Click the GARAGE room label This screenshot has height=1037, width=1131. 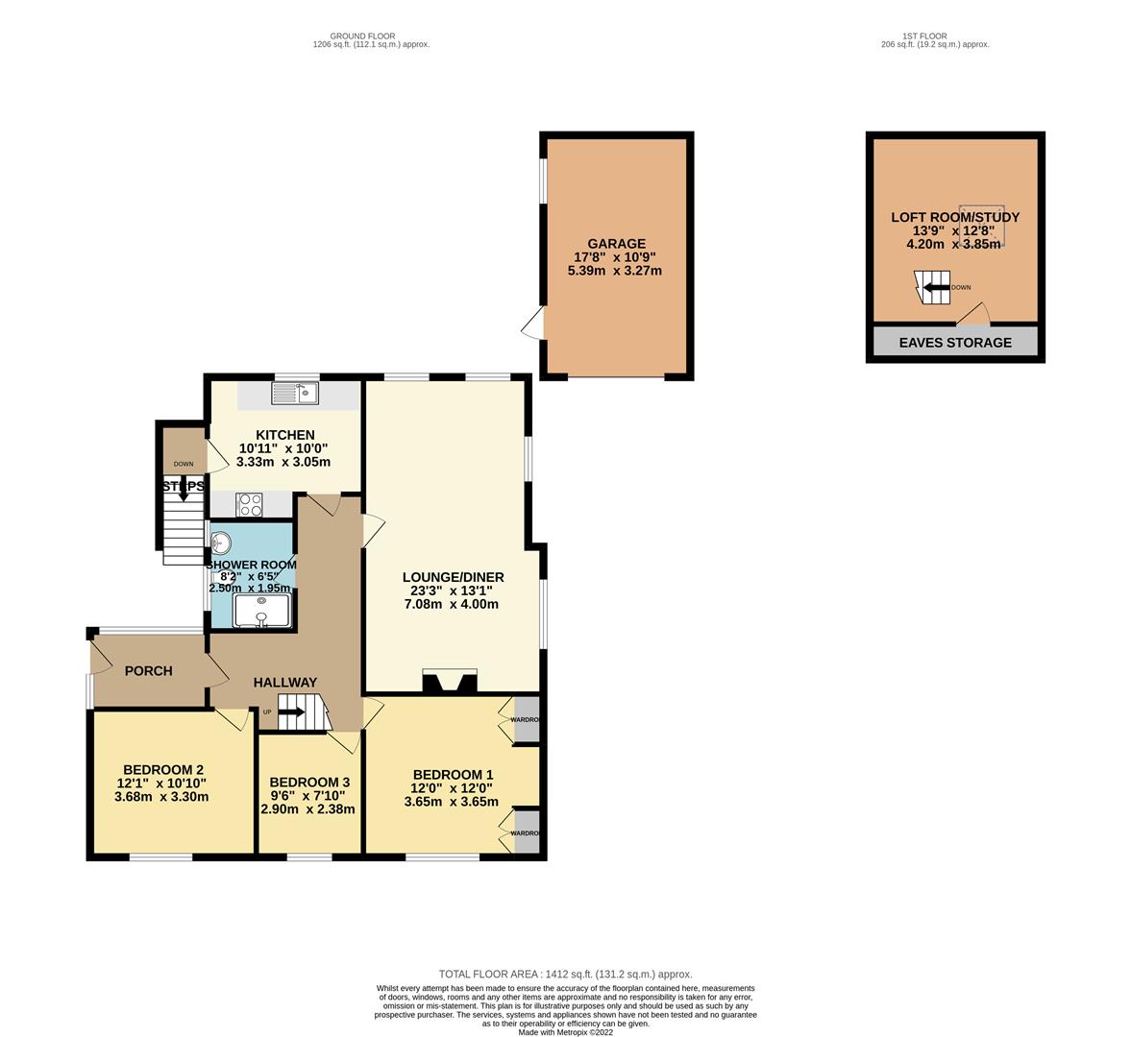point(615,244)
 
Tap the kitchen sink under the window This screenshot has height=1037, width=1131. point(294,392)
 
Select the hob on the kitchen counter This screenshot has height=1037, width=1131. point(250,504)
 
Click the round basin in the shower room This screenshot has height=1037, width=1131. point(220,543)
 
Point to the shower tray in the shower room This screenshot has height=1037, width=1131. point(261,610)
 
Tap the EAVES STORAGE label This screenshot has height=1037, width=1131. point(954,342)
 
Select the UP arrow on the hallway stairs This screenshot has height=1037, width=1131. point(291,712)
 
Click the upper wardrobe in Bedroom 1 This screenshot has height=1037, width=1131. point(526,720)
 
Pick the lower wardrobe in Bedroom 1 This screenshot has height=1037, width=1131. point(526,832)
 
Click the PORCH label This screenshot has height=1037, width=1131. point(149,670)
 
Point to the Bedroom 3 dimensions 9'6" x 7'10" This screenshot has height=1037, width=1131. point(307,795)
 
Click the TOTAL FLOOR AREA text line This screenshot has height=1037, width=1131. point(565,974)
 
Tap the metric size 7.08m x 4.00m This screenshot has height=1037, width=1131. point(452,605)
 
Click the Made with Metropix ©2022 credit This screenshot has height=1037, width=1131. point(565,1032)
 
